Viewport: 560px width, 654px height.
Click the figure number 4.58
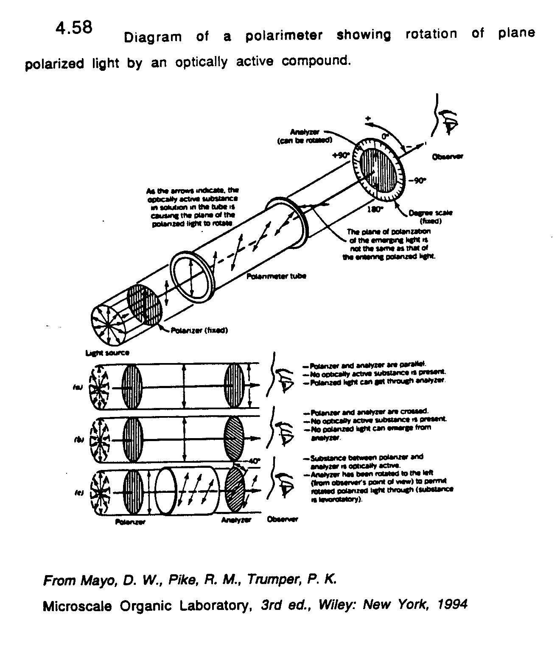click(x=73, y=28)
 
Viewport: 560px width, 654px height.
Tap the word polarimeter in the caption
click(x=283, y=36)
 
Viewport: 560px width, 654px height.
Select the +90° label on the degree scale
click(x=341, y=155)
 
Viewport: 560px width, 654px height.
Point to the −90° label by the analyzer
click(x=417, y=181)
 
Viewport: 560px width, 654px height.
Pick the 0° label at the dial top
click(x=385, y=137)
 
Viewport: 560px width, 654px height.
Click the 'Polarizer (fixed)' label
click(x=199, y=330)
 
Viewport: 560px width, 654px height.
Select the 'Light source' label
click(x=107, y=352)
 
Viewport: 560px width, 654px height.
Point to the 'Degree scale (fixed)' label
click(x=430, y=217)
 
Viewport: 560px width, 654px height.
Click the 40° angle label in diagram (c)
click(x=254, y=461)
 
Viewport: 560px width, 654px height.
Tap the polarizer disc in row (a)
click(x=132, y=386)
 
